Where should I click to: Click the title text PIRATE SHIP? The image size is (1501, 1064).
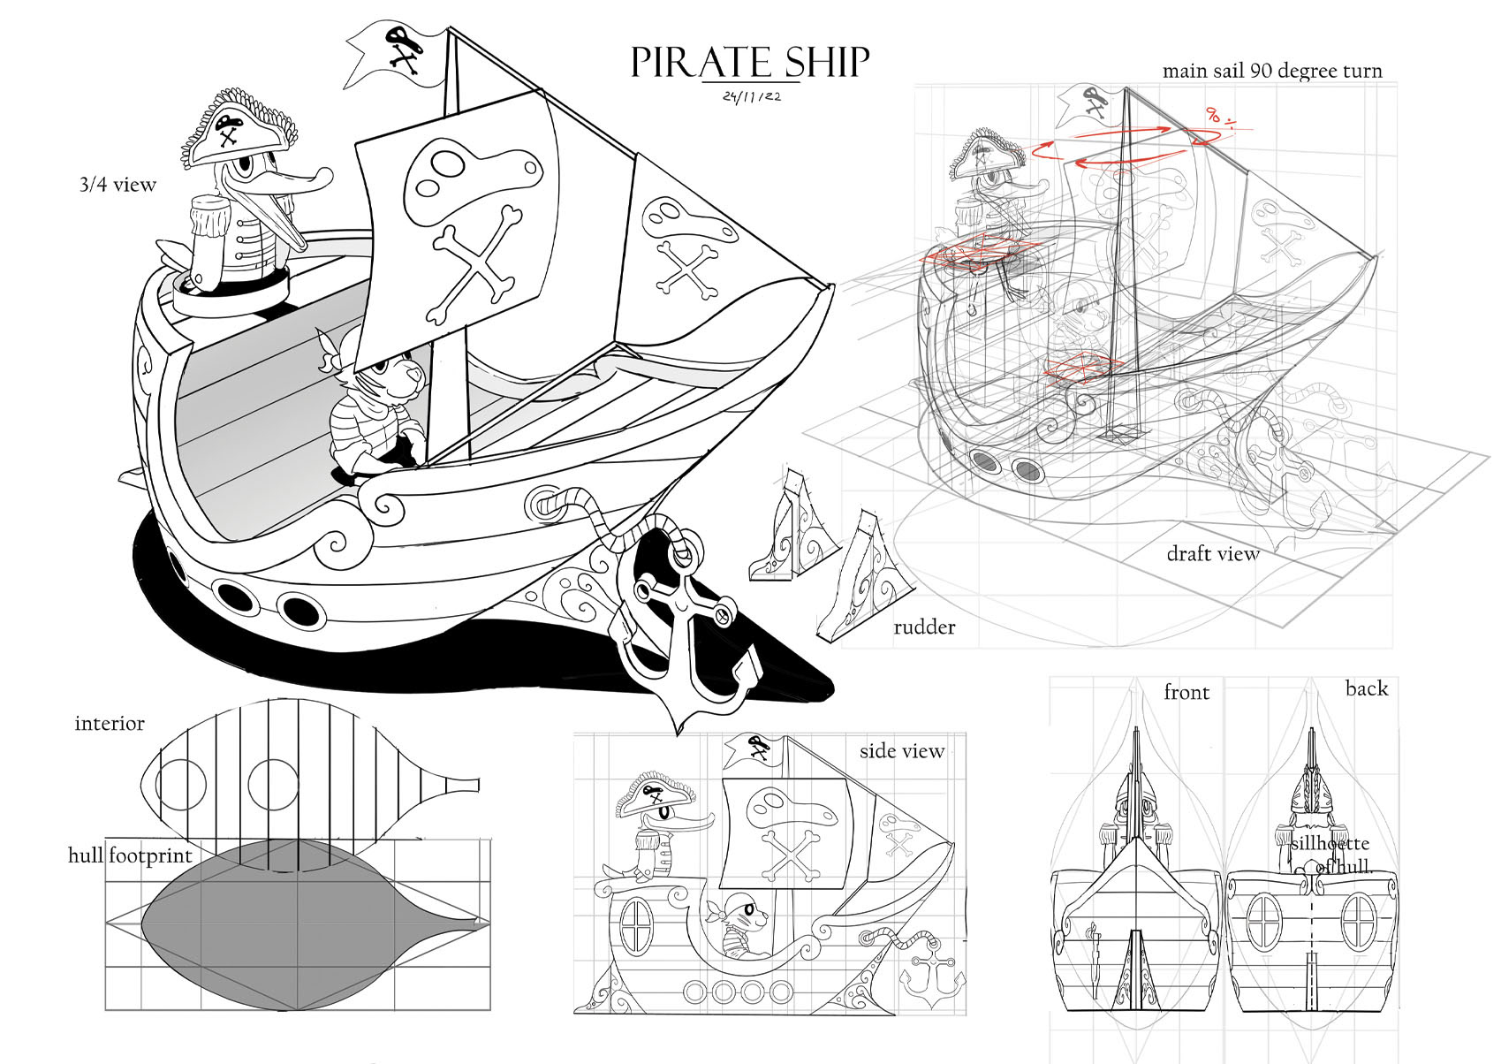tap(750, 63)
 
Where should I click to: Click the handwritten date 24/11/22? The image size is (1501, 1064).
tap(751, 97)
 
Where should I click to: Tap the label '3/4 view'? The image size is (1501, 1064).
tap(118, 185)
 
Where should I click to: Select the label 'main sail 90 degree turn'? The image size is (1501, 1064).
tap(1271, 71)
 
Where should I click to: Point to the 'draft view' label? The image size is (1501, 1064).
tap(1212, 554)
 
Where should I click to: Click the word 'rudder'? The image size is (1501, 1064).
tap(924, 627)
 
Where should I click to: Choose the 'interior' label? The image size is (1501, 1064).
tap(110, 724)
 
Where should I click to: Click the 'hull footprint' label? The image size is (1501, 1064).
tap(130, 855)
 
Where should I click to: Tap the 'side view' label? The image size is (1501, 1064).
tap(902, 751)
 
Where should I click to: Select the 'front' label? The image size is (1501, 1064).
tap(1186, 693)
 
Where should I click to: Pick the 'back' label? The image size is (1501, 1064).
tap(1366, 688)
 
